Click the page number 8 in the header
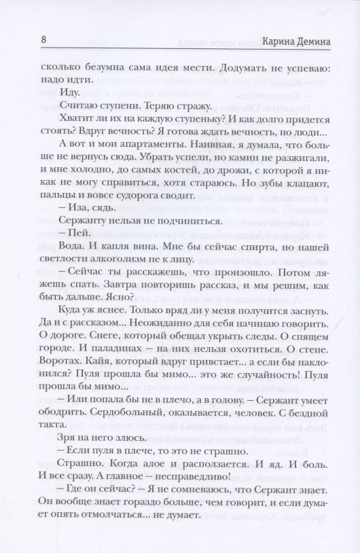pyautogui.click(x=43, y=40)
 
